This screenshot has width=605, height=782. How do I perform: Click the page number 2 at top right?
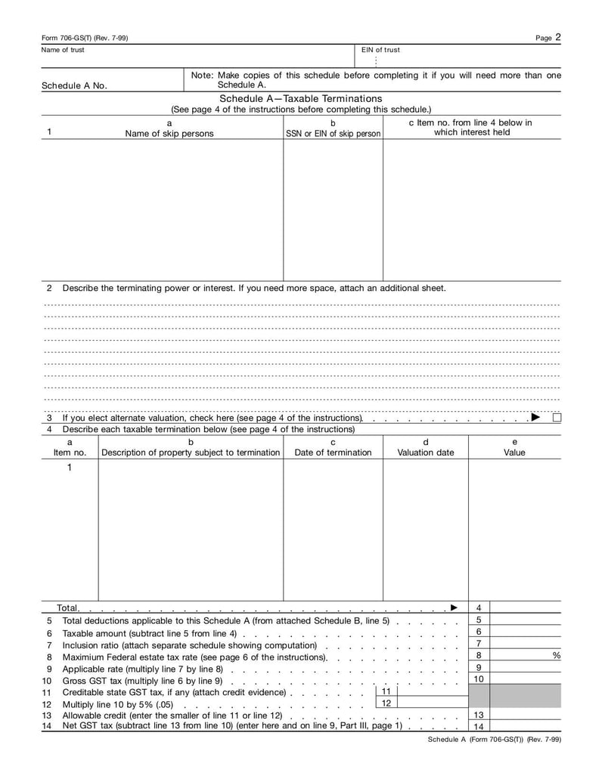tap(557, 36)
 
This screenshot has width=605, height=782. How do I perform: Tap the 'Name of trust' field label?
tap(63, 50)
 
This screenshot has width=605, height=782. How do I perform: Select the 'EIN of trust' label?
tap(380, 50)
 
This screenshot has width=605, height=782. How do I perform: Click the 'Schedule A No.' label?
tap(74, 85)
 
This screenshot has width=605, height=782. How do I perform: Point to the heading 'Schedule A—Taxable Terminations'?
tap(301, 99)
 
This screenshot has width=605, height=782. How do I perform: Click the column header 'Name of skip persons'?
tap(169, 134)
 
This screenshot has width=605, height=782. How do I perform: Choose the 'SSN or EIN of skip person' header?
tap(333, 134)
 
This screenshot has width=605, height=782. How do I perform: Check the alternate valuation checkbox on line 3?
tap(557, 418)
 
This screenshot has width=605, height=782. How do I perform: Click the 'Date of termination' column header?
tap(333, 453)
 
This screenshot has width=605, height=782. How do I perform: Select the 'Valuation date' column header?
tap(426, 453)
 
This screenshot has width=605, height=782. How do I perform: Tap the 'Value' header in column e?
tap(514, 453)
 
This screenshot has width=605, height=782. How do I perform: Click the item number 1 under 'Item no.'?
tap(70, 468)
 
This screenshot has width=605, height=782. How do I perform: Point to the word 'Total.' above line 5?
tap(68, 607)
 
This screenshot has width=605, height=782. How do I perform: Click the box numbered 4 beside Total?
tap(479, 607)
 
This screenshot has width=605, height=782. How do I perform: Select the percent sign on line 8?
tap(557, 656)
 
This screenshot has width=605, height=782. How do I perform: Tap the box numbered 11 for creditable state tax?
tap(386, 691)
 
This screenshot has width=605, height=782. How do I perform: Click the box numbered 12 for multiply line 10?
tap(386, 703)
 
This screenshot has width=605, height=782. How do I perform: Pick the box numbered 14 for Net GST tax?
tap(479, 727)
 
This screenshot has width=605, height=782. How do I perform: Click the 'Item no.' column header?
tap(70, 453)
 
